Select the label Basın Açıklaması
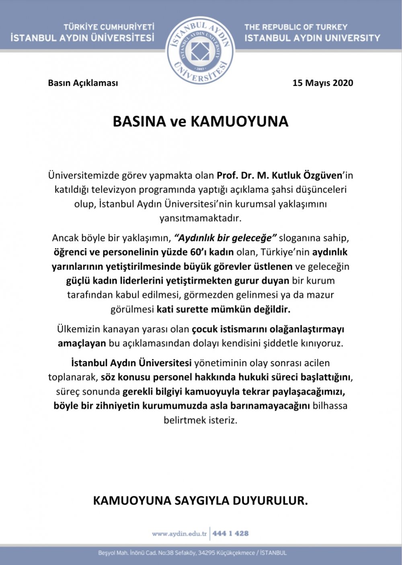(83, 83)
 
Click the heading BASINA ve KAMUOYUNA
(200, 122)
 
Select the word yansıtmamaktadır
(201, 218)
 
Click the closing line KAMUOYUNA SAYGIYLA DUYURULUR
(200, 501)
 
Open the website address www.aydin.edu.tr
(179, 534)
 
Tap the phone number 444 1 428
(230, 534)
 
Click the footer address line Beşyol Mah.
(193, 553)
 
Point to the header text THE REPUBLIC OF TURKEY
(296, 27)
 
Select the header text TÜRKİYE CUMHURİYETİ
(109, 27)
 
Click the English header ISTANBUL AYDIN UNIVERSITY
(312, 38)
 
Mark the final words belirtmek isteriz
(201, 420)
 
